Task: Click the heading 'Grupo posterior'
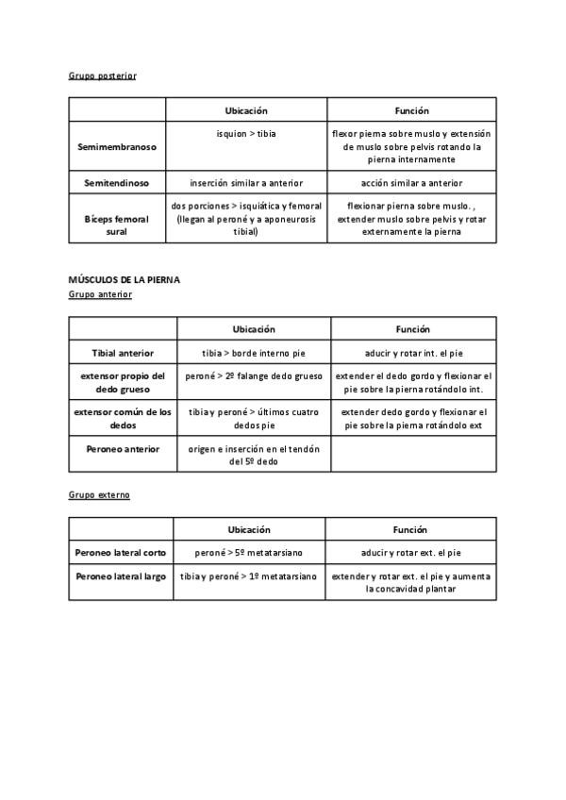pyautogui.click(x=102, y=75)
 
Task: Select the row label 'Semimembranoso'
pyautogui.click(x=117, y=147)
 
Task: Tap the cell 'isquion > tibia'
pyautogui.click(x=246, y=134)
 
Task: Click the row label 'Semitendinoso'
pyautogui.click(x=117, y=183)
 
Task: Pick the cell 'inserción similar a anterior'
pyautogui.click(x=246, y=183)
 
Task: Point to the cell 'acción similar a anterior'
pyautogui.click(x=411, y=183)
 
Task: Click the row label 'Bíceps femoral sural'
pyautogui.click(x=117, y=225)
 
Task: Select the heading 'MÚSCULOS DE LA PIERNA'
pyautogui.click(x=125, y=280)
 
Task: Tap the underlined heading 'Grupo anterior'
pyautogui.click(x=100, y=294)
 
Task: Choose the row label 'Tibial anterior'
pyautogui.click(x=123, y=353)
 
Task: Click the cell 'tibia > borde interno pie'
pyautogui.click(x=254, y=353)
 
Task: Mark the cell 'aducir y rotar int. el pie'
pyautogui.click(x=413, y=353)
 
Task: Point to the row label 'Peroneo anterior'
pyautogui.click(x=123, y=449)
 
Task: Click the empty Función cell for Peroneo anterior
pyautogui.click(x=413, y=455)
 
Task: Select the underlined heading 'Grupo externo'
pyautogui.click(x=99, y=494)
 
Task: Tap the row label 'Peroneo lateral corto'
pyautogui.click(x=120, y=552)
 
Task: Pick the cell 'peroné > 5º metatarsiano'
pyautogui.click(x=248, y=552)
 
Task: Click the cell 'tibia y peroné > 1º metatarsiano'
pyautogui.click(x=249, y=575)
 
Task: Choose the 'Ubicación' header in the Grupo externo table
pyautogui.click(x=248, y=529)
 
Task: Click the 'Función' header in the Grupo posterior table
pyautogui.click(x=411, y=110)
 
